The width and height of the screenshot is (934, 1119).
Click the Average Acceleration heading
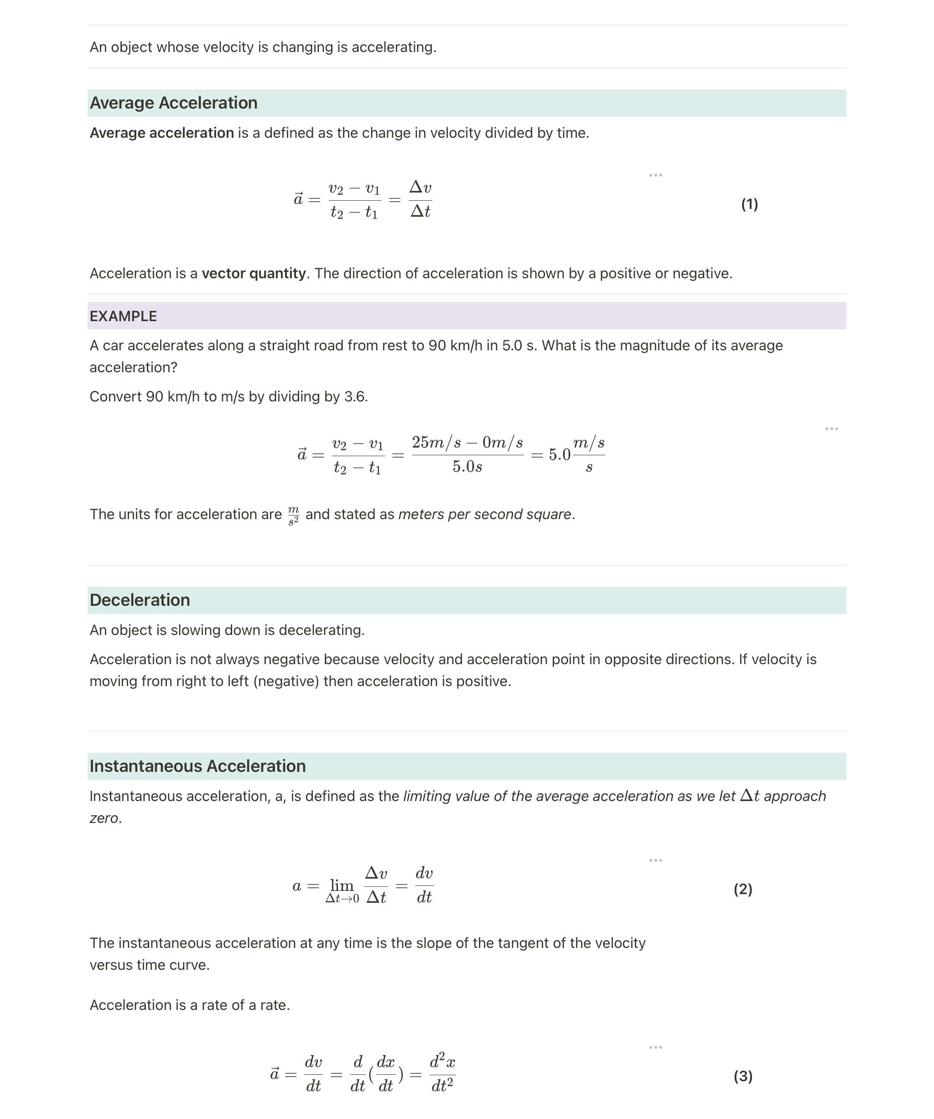coord(173,103)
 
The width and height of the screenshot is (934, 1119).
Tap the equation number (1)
coord(749,204)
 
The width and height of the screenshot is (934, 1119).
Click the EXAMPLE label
coord(123,317)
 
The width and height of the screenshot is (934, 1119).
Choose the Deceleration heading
coord(140,600)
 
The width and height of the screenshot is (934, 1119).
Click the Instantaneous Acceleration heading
coord(197,766)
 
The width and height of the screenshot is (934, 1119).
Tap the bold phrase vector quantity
coord(254,273)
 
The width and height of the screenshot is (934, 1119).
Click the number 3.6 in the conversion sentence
coord(355,397)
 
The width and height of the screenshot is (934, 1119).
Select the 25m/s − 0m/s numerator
coord(467,442)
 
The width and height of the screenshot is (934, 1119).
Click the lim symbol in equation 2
coord(342,885)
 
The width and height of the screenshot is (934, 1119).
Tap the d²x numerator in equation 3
coord(442,1062)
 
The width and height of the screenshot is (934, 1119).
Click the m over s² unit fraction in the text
coord(294,515)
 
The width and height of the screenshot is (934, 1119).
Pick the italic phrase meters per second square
coord(484,515)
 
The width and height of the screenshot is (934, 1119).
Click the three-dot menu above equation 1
coord(655,175)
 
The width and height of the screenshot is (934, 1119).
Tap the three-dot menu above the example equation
coord(831,429)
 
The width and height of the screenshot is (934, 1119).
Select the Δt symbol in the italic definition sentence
coord(750,796)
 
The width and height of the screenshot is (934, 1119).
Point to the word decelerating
coord(321,630)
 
